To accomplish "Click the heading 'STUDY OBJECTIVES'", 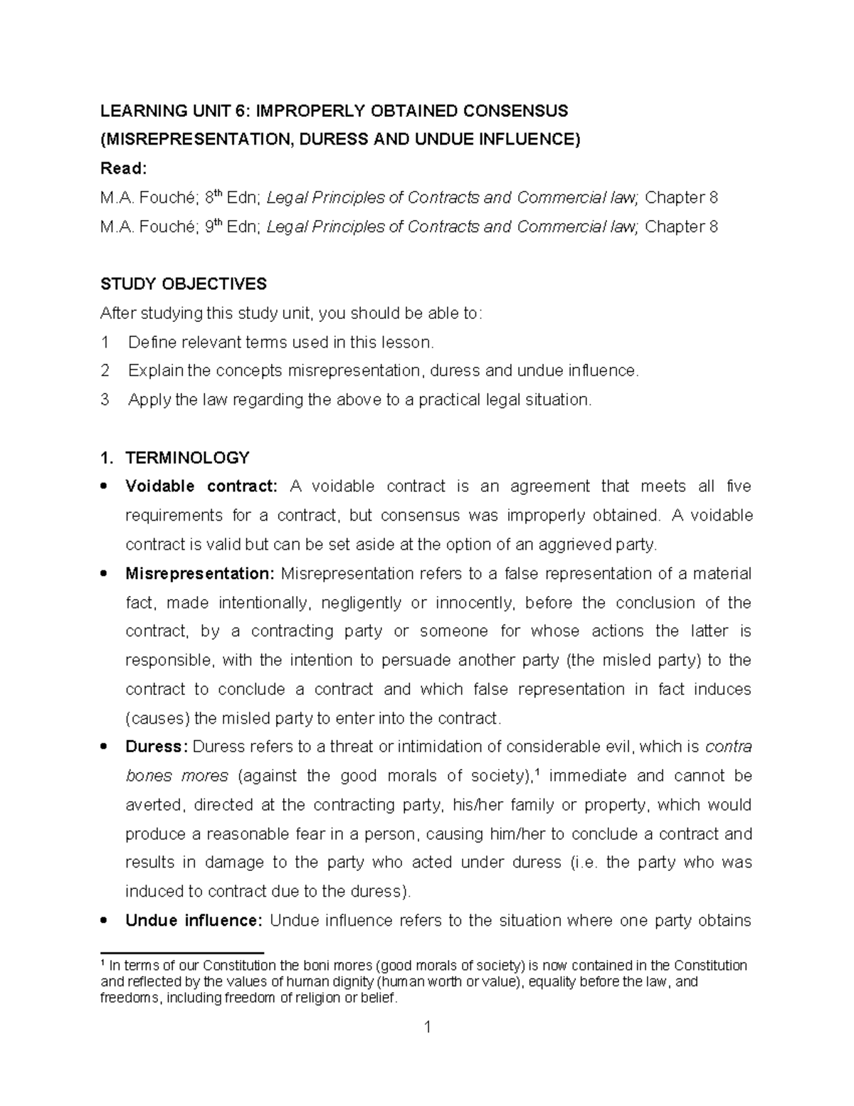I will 183,284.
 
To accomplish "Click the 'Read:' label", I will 123,168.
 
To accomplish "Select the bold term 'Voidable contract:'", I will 201,486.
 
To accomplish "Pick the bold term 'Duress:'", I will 157,747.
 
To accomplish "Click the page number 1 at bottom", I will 427,1047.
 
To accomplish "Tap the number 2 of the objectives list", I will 105,371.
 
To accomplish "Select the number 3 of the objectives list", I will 105,400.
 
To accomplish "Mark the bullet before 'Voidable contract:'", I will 105,487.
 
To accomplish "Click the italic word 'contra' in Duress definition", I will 728,747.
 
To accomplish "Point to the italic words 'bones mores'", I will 176,776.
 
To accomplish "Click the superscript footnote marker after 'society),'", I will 536,772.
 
